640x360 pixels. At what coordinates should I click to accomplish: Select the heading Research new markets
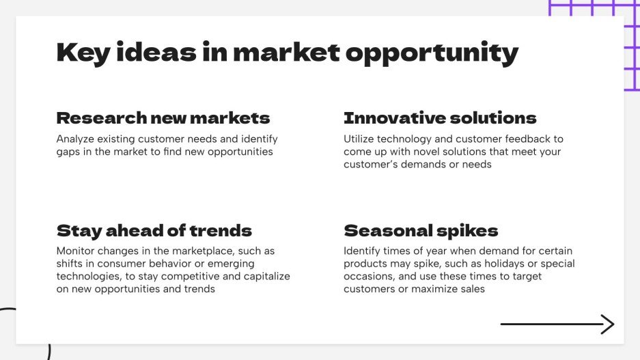[x=163, y=118]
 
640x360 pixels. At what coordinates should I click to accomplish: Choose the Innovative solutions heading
[x=440, y=118]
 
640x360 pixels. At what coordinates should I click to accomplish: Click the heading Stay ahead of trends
[x=154, y=230]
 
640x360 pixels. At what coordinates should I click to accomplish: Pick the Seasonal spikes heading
[x=421, y=230]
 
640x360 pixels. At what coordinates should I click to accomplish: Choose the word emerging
[x=231, y=264]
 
